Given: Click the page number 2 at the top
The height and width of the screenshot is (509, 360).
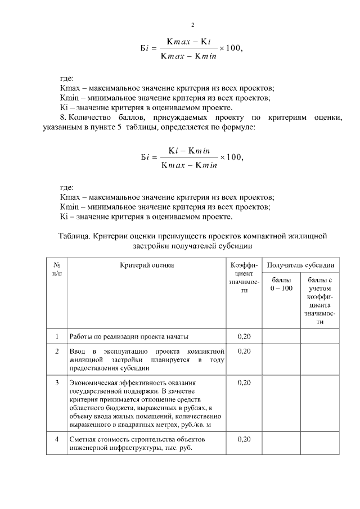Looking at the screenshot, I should [x=192, y=25].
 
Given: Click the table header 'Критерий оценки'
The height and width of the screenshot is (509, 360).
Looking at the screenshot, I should [x=147, y=264].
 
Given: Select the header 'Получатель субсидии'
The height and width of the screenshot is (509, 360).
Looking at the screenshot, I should [x=300, y=264].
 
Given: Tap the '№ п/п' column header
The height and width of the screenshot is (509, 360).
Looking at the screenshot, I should [x=57, y=268].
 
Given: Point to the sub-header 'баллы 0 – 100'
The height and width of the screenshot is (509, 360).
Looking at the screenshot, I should [x=281, y=284].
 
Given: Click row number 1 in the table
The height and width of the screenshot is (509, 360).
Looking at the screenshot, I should [x=57, y=336].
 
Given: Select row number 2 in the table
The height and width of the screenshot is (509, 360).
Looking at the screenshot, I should [x=57, y=351].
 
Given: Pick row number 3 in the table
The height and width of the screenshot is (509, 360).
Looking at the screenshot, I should [x=57, y=383].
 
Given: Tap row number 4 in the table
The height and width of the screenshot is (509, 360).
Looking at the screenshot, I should [x=57, y=438].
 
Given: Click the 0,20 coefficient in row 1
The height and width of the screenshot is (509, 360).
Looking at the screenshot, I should [x=244, y=336].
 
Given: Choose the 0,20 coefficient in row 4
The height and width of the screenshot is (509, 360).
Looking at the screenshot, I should [x=244, y=438].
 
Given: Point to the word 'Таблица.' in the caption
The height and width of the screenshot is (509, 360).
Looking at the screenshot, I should [x=74, y=236].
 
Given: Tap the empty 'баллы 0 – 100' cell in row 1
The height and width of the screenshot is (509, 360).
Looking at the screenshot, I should [x=281, y=336].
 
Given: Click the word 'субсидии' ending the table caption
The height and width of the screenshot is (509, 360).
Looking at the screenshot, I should [x=235, y=245].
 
